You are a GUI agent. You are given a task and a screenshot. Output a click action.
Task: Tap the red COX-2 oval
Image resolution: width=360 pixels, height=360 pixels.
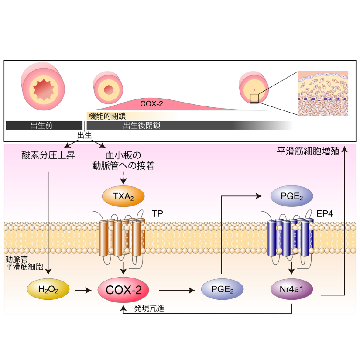point(123,289)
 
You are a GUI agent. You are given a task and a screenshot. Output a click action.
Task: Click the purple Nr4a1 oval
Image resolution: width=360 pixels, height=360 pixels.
point(292,289)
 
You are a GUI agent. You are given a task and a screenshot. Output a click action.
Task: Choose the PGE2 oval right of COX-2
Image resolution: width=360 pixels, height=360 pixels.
point(222,289)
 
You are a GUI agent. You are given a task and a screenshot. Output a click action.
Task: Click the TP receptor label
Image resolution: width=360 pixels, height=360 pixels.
point(158,213)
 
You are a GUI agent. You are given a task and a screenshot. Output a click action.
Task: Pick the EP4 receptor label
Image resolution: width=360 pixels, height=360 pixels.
point(326,213)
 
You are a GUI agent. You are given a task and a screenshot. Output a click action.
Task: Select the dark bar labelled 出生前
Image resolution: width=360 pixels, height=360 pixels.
point(43,125)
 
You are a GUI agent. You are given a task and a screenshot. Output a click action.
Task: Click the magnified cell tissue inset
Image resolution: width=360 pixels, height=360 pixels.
point(323,93)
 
